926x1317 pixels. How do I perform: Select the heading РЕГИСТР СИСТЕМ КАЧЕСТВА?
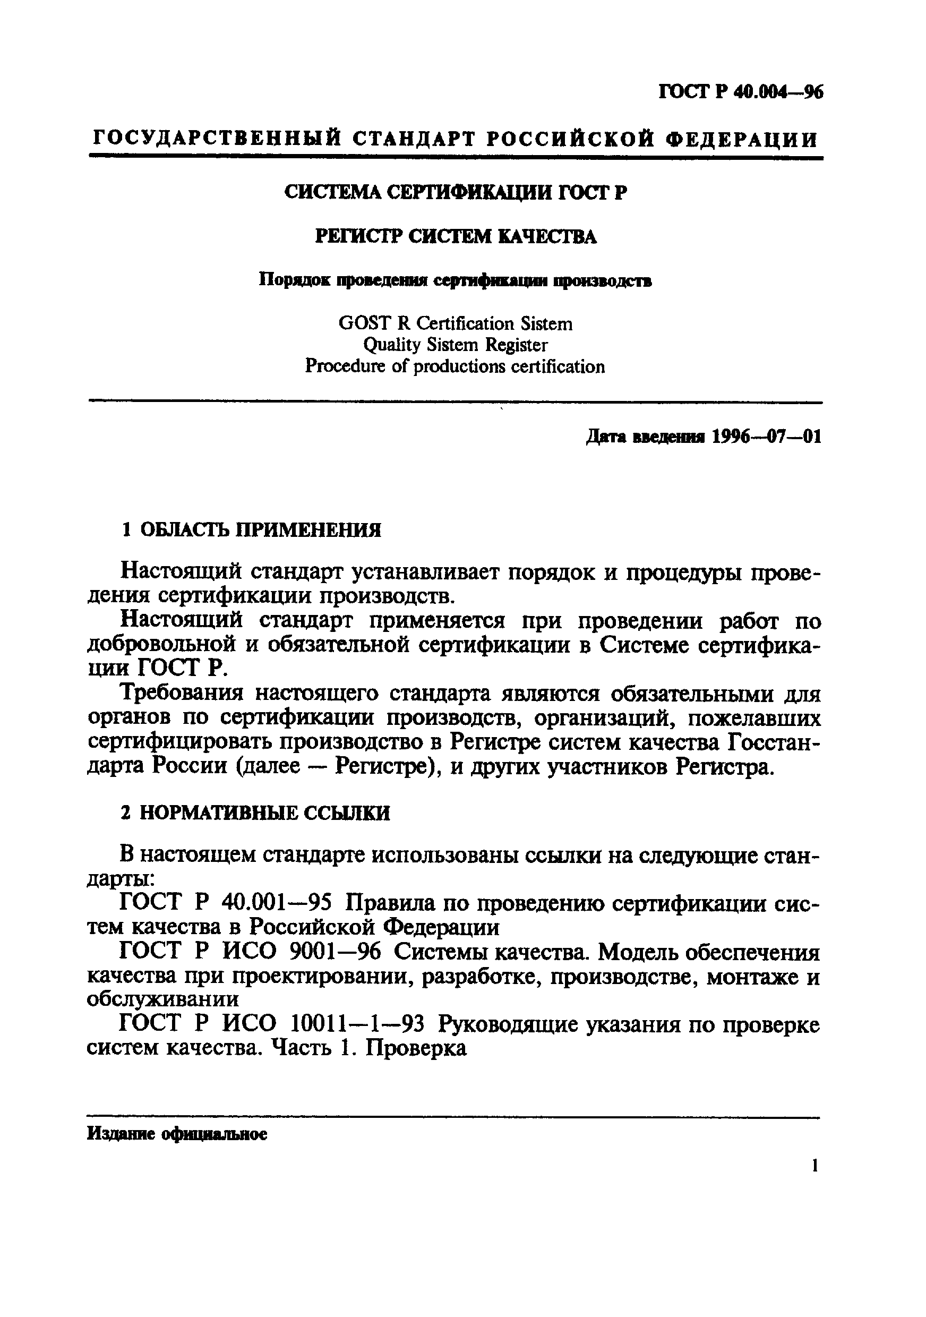456,237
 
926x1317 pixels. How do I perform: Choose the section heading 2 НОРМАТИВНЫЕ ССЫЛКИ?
255,813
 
